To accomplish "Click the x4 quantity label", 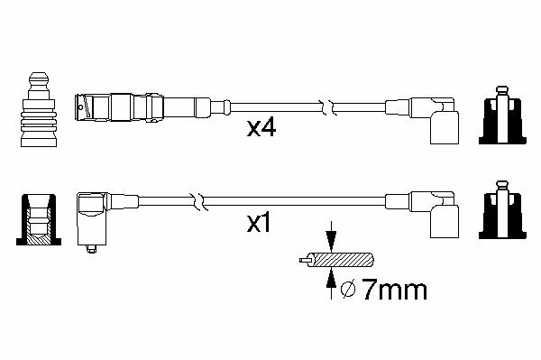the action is click(261, 128).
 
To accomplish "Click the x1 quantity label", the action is click(259, 224).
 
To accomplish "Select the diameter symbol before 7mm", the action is click(348, 290).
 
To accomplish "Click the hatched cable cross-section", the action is click(342, 260).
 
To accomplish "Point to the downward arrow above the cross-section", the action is click(331, 236).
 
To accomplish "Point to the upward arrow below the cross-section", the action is click(331, 283).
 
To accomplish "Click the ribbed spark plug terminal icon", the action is click(38, 109).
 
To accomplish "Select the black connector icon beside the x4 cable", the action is click(502, 115).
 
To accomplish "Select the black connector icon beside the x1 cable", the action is click(502, 209).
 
